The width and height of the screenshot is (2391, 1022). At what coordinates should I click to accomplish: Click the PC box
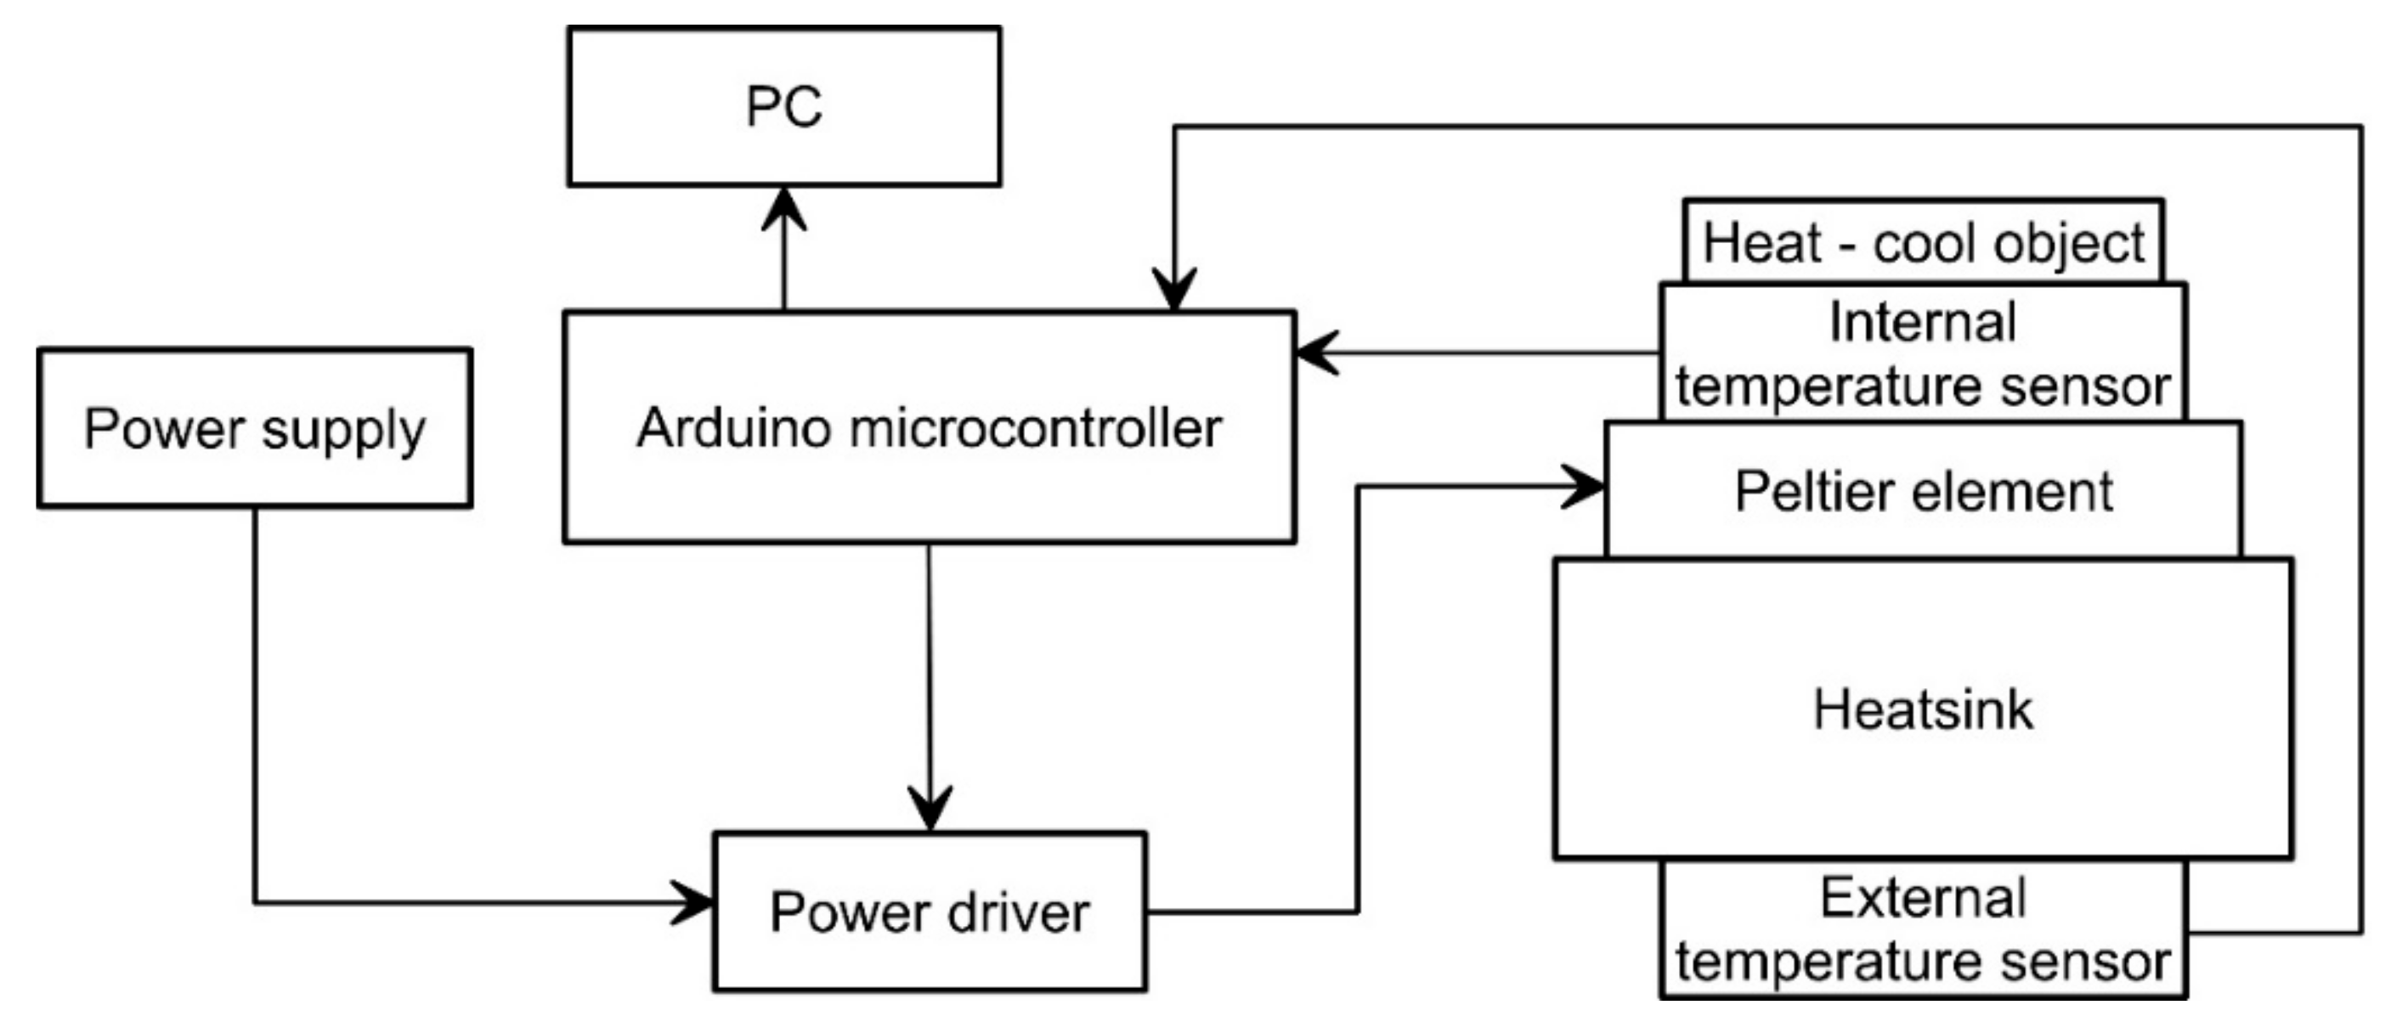tap(784, 107)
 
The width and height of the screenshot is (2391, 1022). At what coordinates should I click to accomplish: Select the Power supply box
tap(255, 429)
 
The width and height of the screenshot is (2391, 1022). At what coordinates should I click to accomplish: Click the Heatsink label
tap(1923, 710)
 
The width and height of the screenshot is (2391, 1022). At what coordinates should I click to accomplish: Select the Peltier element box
tap(1923, 491)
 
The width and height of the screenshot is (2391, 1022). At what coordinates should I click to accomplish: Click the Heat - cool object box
tap(1923, 243)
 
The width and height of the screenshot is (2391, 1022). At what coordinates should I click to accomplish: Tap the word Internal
tap(1922, 322)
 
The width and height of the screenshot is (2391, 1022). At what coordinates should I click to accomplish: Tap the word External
tap(1922, 898)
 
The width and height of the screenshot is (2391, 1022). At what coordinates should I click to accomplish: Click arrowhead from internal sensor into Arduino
tap(1316, 353)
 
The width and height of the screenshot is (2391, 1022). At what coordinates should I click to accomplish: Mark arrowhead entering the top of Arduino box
tap(1174, 290)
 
